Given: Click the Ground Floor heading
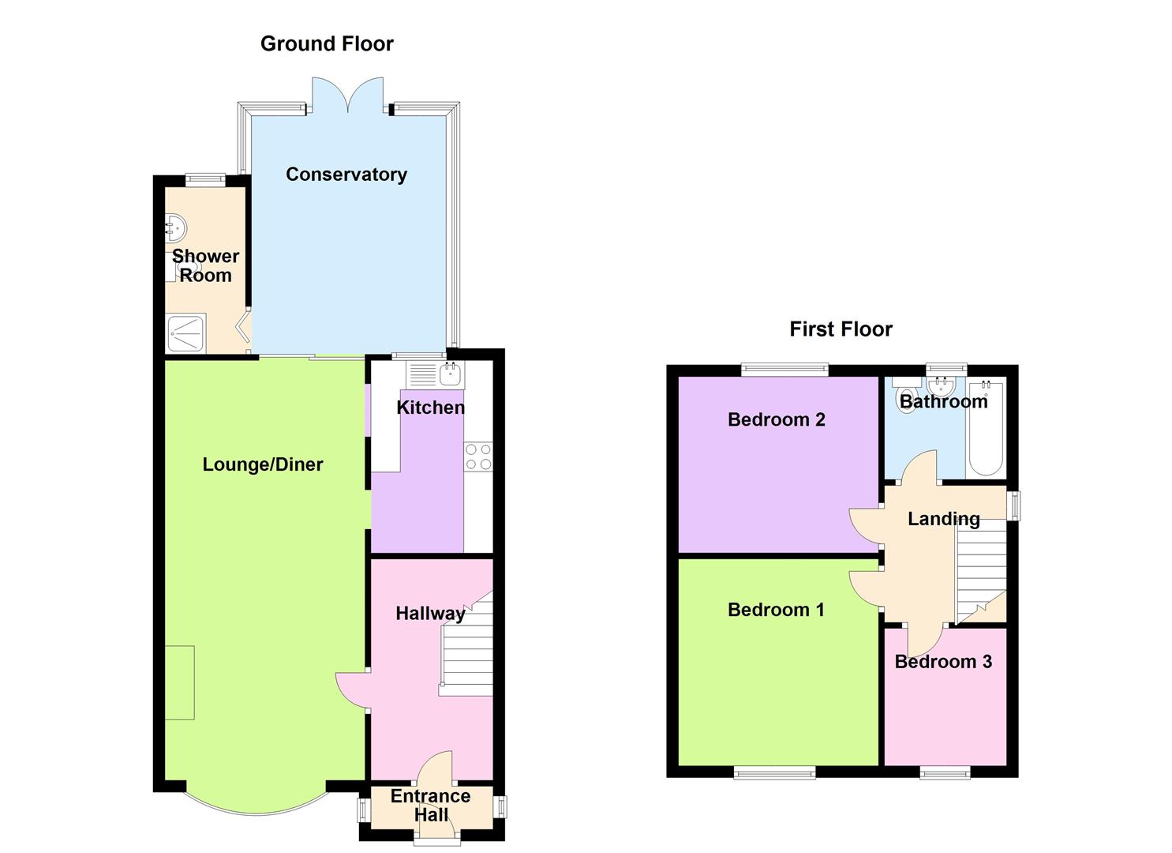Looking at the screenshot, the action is pyautogui.click(x=327, y=44).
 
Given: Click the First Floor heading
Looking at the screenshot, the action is pyautogui.click(x=841, y=329).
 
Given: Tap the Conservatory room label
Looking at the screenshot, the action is pyautogui.click(x=346, y=175).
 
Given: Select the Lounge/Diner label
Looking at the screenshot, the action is pyautogui.click(x=263, y=464).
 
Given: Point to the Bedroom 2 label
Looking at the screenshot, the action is pyautogui.click(x=777, y=419).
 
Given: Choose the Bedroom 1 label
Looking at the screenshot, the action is pyautogui.click(x=776, y=610).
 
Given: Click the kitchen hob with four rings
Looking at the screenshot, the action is pyautogui.click(x=478, y=457).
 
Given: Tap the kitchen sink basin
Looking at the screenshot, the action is pyautogui.click(x=449, y=374).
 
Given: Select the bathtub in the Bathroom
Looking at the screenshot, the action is pyautogui.click(x=986, y=428).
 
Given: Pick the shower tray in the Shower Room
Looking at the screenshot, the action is pyautogui.click(x=185, y=333).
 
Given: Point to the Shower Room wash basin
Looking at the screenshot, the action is pyautogui.click(x=176, y=228).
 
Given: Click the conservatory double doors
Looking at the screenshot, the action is pyautogui.click(x=348, y=95).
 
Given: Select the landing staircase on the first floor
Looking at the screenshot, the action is pyautogui.click(x=981, y=575).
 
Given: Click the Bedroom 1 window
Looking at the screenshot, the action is pyautogui.click(x=774, y=772).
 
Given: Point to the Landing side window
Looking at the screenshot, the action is pyautogui.click(x=1013, y=505).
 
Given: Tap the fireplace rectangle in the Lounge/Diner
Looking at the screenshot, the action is pyautogui.click(x=180, y=682).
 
